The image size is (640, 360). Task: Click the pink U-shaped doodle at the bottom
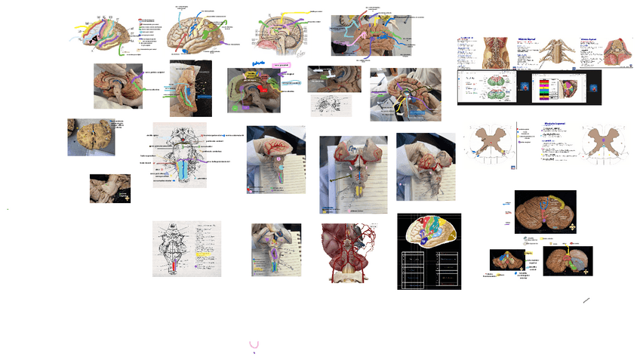coord(254,344)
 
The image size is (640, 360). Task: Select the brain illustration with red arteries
coord(350,252)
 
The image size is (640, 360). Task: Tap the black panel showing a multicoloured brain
coord(428,251)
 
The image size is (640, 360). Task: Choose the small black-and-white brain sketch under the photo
coord(331,105)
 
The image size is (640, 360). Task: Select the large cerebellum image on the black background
coord(545,210)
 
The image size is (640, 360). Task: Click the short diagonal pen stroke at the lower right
coord(586,300)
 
